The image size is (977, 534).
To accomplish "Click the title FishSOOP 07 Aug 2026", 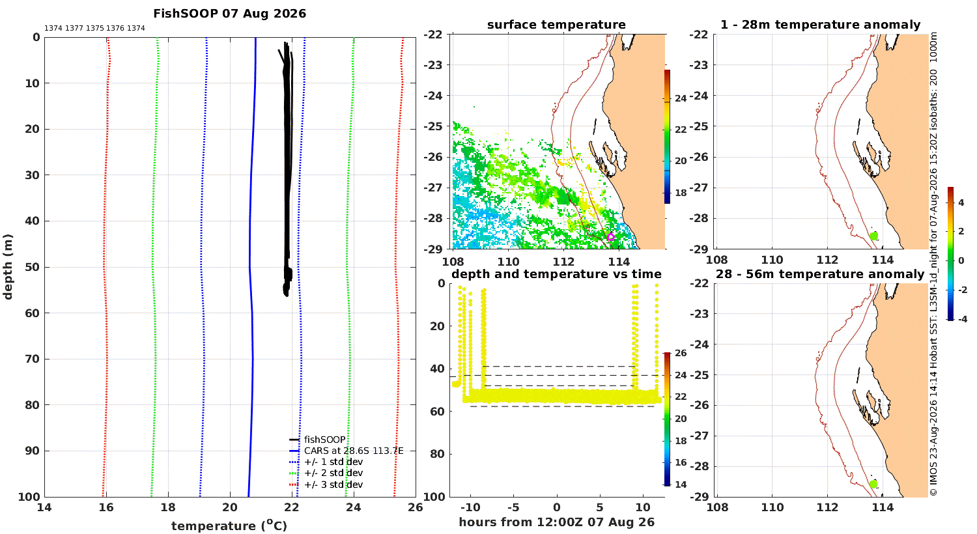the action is [229, 14].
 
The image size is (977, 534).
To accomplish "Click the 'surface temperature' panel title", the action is [556, 25].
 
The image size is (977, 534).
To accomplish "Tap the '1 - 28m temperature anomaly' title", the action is [821, 25].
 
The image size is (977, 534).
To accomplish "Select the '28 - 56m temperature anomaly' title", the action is [820, 274].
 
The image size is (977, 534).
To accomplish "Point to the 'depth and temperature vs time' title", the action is [556, 274].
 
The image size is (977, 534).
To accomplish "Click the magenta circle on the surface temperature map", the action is [611, 237].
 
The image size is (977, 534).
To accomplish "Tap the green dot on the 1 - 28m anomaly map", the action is [873, 236].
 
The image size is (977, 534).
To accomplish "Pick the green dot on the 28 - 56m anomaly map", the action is [873, 484].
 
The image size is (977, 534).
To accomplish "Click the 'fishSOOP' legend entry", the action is [324, 440].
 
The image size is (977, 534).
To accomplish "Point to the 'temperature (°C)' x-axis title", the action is [229, 526].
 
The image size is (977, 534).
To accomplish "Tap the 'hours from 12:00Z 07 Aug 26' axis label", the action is [556, 522].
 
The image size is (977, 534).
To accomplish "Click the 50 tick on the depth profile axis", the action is [33, 267].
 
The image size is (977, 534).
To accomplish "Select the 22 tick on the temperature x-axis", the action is [291, 507].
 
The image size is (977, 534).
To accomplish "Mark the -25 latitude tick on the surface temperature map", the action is [432, 126].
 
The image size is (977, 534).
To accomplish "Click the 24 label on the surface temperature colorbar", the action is [681, 98].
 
